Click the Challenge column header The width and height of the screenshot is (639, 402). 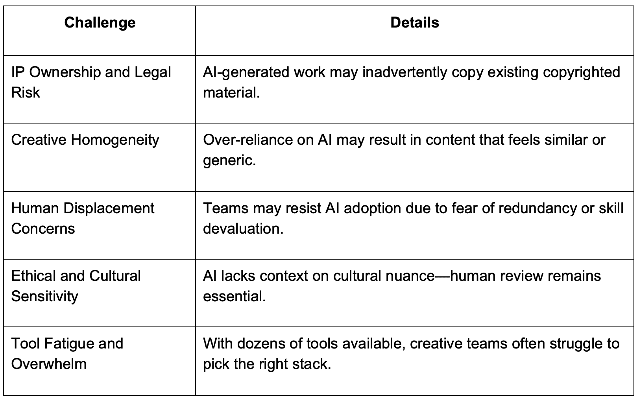(100, 22)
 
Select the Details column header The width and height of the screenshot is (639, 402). (414, 22)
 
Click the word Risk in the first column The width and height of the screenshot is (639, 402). (26, 92)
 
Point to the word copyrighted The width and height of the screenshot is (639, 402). (582, 72)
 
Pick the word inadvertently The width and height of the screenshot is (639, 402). (405, 72)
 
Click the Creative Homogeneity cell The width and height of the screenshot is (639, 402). (85, 140)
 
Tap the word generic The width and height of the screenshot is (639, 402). (229, 160)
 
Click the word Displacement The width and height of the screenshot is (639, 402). (109, 208)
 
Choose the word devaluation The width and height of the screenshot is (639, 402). (243, 229)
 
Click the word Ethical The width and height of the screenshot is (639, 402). (34, 276)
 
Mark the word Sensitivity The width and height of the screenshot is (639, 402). (44, 296)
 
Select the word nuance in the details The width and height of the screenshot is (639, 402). (410, 276)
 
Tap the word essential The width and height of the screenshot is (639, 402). (234, 296)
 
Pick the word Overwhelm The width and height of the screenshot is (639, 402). (49, 364)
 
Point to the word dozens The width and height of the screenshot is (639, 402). (261, 343)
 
